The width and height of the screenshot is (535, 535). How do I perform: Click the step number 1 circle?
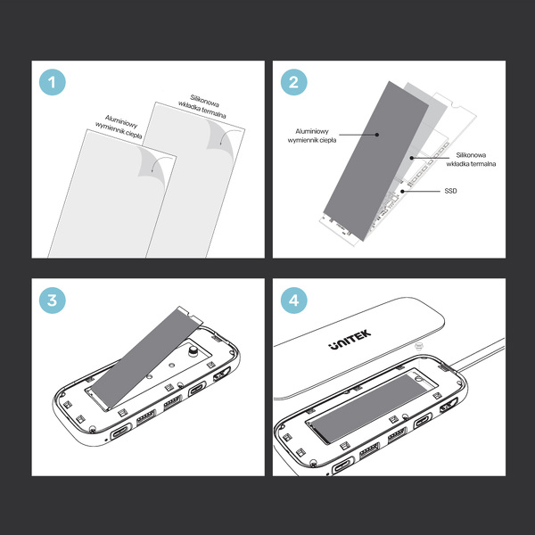53,84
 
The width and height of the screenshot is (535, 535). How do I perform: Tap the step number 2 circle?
293,84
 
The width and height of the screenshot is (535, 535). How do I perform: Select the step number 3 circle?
53,300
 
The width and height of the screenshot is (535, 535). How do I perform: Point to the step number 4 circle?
293,300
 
